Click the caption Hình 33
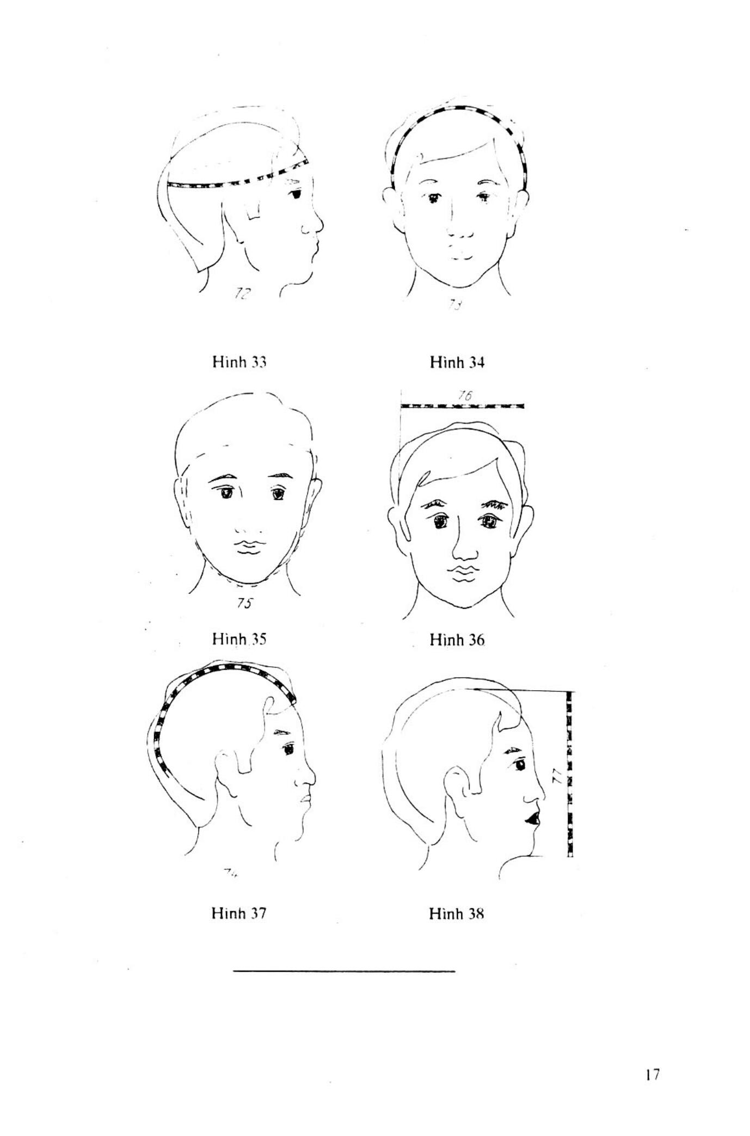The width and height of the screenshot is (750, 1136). click(x=239, y=362)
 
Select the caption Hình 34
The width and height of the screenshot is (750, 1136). click(x=457, y=362)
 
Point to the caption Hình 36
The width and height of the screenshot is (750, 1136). click(x=457, y=640)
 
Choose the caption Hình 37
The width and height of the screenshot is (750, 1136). click(x=239, y=913)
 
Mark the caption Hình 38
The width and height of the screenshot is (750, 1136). click(x=456, y=913)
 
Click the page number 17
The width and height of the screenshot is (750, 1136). click(x=653, y=1074)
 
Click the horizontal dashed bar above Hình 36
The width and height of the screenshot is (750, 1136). click(x=462, y=406)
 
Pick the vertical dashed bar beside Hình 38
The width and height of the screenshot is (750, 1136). click(x=570, y=773)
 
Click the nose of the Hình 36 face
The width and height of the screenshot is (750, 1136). click(x=464, y=550)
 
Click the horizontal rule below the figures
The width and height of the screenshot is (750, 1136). click(x=343, y=971)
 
